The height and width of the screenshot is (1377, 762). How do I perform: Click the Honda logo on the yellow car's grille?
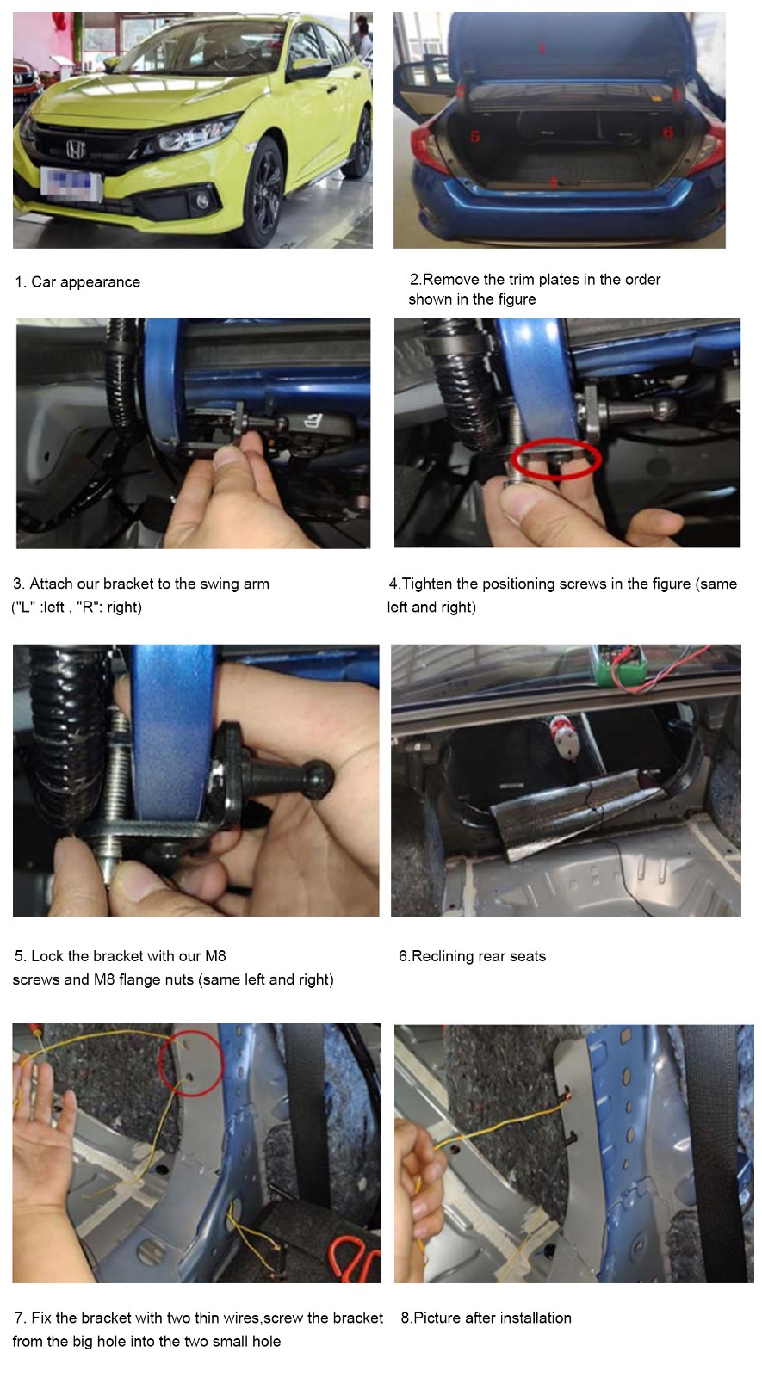76,149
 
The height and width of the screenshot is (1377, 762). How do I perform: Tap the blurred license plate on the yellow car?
71,182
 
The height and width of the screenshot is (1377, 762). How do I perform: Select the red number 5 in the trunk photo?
475,137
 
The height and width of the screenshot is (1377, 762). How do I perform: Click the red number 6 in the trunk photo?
668,133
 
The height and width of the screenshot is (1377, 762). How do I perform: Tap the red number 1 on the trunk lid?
542,48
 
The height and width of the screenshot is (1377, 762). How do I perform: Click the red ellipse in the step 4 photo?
556,460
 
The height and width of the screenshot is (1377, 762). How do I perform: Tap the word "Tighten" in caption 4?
427,584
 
